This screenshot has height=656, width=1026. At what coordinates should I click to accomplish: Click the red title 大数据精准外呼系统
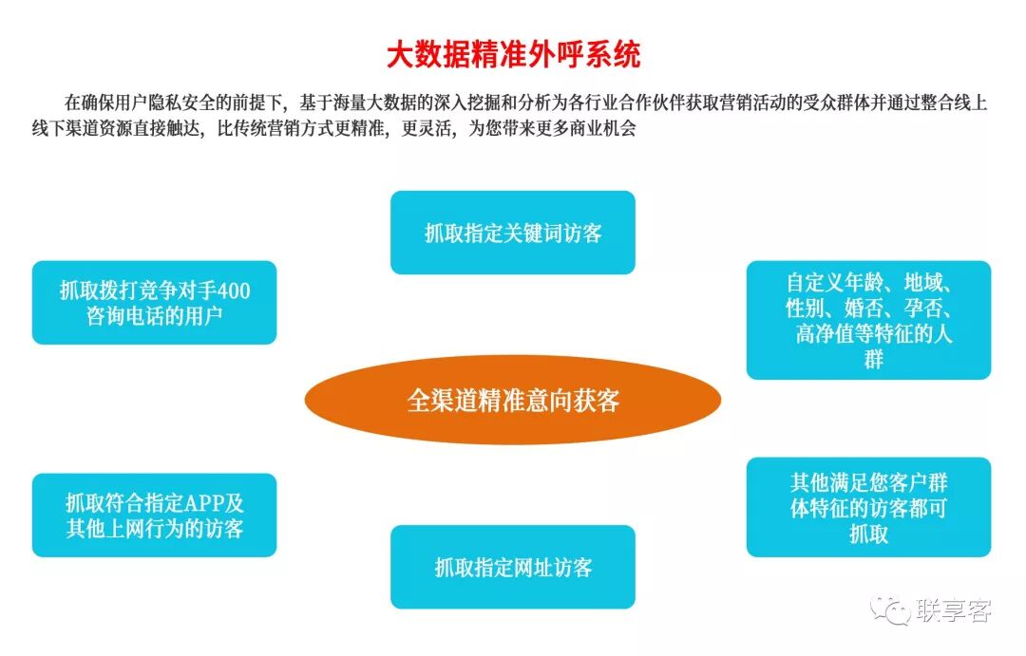tap(513, 54)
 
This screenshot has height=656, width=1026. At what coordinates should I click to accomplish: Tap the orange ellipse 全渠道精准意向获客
tap(513, 401)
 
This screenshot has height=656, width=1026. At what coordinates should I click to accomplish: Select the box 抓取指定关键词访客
tap(513, 233)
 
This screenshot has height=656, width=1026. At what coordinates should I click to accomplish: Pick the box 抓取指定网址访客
tap(513, 567)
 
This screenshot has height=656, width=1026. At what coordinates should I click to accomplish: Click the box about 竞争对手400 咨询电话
tap(155, 303)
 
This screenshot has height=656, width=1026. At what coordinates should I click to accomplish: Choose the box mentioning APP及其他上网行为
tap(155, 515)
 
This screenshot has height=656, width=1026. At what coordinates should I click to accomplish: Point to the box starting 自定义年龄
tap(868, 320)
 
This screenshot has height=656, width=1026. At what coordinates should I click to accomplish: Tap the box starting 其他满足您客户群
tap(868, 507)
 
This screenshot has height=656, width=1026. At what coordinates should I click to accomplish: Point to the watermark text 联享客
tap(953, 610)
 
